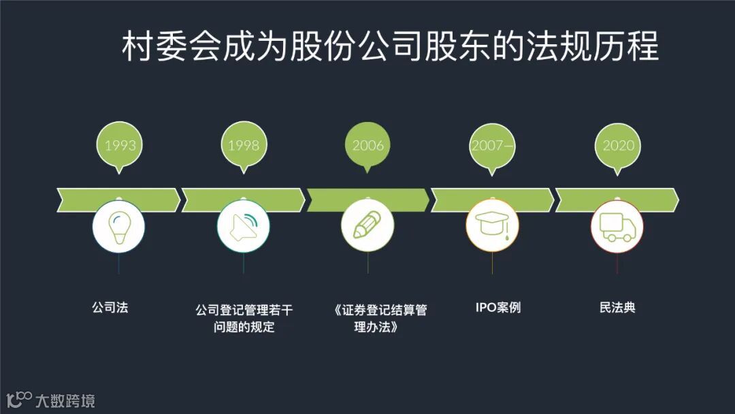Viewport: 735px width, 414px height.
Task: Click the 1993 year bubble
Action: pyautogui.click(x=120, y=144)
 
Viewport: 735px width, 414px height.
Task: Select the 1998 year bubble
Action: pyautogui.click(x=244, y=144)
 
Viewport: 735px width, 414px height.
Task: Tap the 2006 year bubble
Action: pyautogui.click(x=367, y=144)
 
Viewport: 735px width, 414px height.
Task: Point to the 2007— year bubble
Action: pyautogui.click(x=493, y=144)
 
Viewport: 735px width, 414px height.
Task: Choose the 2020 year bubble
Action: pyautogui.click(x=618, y=144)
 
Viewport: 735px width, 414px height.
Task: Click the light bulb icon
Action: pyautogui.click(x=120, y=226)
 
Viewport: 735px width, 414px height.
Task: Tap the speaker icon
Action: pyautogui.click(x=244, y=226)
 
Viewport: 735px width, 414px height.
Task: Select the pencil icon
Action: pyautogui.click(x=367, y=226)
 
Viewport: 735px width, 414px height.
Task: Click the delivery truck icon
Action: pyautogui.click(x=617, y=226)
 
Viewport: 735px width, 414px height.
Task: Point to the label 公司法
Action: pyautogui.click(x=110, y=307)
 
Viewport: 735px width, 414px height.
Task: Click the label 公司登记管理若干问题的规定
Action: pyautogui.click(x=244, y=318)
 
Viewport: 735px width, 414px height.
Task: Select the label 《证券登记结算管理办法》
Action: pyautogui.click(x=380, y=318)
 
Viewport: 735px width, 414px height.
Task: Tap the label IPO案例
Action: pyautogui.click(x=498, y=307)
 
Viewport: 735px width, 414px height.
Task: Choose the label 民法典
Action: pyautogui.click(x=617, y=307)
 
